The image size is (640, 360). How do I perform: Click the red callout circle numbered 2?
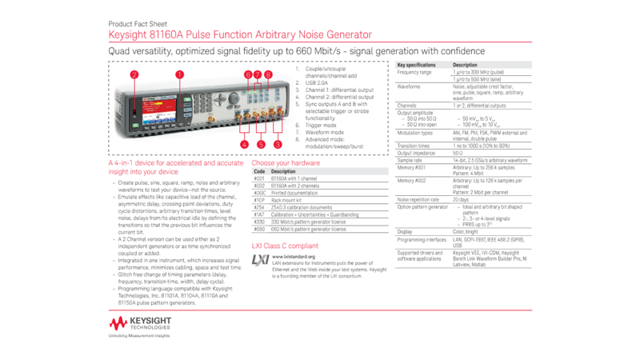tap(134, 74)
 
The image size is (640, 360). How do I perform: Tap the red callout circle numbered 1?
tap(179, 74)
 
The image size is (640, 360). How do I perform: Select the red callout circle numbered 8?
tap(269, 74)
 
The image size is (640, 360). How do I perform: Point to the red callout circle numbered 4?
tap(245, 145)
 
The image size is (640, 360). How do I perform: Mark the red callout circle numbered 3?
tap(278, 145)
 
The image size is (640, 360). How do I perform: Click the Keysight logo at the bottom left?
tap(140, 323)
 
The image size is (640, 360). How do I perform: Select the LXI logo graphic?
tap(260, 260)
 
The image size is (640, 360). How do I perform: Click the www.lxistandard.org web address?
tap(294, 257)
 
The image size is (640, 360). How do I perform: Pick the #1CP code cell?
tap(259, 200)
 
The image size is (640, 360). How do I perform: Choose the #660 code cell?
tap(259, 229)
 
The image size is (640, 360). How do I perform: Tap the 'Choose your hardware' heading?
tap(286, 162)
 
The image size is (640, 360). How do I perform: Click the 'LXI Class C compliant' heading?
tap(285, 246)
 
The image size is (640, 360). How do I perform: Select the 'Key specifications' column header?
tap(417, 65)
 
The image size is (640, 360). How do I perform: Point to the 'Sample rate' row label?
tap(410, 160)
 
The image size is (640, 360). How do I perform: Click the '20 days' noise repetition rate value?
tap(460, 199)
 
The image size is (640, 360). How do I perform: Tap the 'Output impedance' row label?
tap(415, 153)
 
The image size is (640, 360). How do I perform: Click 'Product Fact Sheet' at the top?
tap(138, 24)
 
